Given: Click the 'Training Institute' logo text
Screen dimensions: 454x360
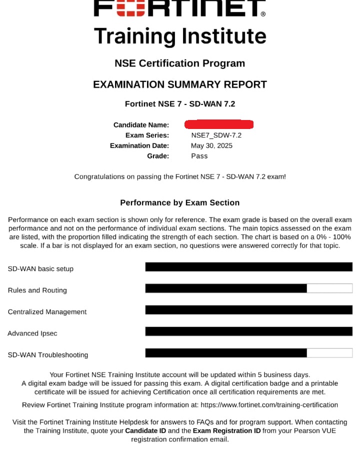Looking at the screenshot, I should (x=180, y=36).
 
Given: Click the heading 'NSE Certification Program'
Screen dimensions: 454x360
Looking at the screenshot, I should (x=180, y=63).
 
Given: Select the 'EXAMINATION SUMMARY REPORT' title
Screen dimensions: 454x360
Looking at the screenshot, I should (x=180, y=84).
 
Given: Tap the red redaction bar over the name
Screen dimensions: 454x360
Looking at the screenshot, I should (x=219, y=124).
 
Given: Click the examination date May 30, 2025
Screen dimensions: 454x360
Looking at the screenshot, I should (x=211, y=145).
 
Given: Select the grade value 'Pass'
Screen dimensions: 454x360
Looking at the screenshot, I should (x=199, y=156).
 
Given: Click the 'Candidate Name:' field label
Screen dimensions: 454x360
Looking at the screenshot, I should (x=141, y=125).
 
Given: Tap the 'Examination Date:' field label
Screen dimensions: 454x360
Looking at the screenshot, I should (x=139, y=145).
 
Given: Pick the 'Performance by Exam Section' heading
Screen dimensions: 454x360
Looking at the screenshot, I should (x=180, y=202).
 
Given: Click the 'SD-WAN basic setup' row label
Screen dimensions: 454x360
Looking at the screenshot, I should (x=40, y=269).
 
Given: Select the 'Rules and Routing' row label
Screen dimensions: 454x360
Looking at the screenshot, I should (x=37, y=290).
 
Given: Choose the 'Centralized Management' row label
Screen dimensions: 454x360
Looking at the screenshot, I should (x=47, y=312).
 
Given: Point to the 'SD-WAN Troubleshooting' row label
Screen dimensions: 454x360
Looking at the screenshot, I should (x=47, y=355).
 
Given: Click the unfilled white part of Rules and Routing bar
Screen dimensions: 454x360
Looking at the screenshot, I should (x=329, y=288).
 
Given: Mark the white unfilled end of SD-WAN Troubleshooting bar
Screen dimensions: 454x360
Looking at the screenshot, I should (x=329, y=352).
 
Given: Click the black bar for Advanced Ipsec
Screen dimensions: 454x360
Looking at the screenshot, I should (x=248, y=331).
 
